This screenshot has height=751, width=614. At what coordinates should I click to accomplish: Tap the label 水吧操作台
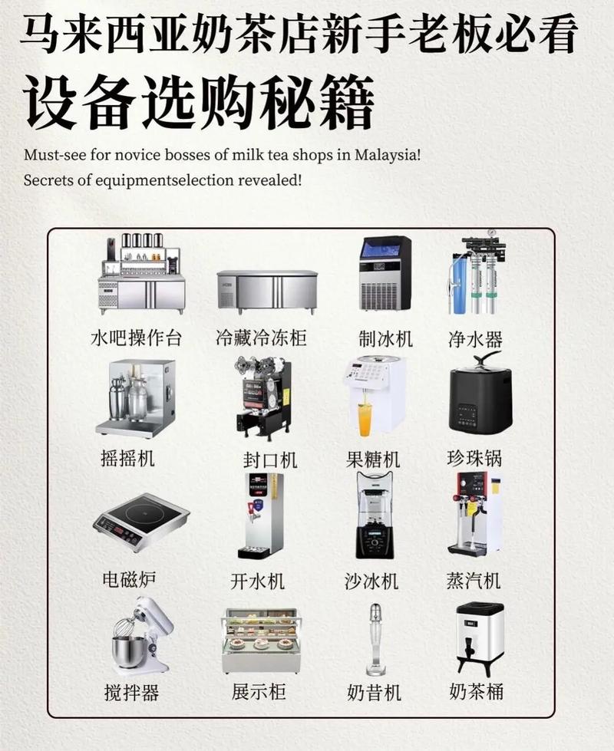point(136,338)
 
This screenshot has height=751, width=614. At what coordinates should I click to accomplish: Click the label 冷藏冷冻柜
point(261,338)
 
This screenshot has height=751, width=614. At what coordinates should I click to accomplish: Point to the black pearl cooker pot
point(480,397)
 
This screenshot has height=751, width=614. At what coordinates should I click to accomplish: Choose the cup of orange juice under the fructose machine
point(365,420)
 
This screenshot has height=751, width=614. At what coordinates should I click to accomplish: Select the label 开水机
point(258,581)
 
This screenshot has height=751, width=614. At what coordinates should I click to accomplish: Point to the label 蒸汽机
point(474,580)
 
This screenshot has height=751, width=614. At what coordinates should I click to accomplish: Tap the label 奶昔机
point(375,692)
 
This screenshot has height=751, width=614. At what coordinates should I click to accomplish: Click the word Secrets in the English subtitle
point(47,182)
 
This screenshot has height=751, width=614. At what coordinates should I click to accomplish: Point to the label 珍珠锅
point(474,459)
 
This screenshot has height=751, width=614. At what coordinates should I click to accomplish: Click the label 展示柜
point(259,691)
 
